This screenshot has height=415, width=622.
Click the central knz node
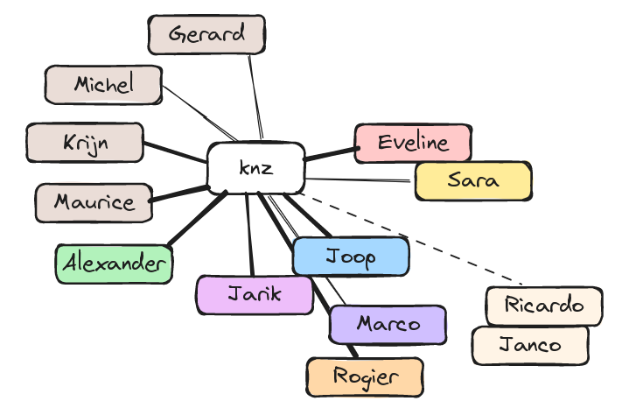point(255,167)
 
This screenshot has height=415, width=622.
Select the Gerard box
point(206,35)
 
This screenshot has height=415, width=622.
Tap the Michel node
point(103,85)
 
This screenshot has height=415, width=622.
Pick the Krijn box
point(85,143)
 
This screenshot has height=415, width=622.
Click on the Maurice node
point(94,202)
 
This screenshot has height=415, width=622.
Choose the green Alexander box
point(114,264)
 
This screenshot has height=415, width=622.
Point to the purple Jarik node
point(255,294)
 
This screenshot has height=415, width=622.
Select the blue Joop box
point(351,257)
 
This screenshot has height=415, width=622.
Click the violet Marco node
point(388,324)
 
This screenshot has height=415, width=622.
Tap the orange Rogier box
point(365,376)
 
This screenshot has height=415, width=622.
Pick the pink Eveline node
point(413,143)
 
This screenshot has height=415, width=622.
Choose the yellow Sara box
point(472,181)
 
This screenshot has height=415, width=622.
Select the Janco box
point(530,345)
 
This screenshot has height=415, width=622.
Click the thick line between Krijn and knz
point(174,152)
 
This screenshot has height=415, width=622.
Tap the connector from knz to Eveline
point(330,154)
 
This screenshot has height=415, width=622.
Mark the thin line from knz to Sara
point(359,179)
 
